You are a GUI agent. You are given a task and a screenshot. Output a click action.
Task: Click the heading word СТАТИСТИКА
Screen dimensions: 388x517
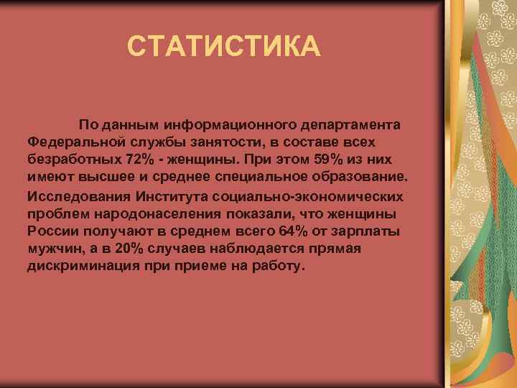tap(223, 47)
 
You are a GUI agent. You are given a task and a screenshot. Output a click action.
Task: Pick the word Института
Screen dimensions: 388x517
tap(170, 196)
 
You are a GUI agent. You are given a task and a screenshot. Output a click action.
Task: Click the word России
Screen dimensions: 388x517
tap(50, 231)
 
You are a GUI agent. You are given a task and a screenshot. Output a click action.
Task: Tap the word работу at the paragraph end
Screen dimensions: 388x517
tap(281, 265)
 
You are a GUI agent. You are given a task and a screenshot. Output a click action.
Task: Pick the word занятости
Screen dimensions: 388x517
tap(228, 141)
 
